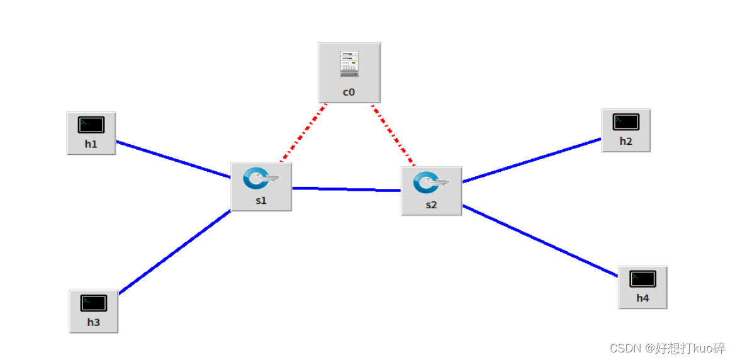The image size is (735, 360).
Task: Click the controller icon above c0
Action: (349, 64)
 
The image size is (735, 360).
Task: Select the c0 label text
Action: (349, 92)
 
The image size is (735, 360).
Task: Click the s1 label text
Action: (261, 201)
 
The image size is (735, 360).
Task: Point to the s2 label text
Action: (431, 205)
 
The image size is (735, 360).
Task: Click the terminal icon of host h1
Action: (91, 125)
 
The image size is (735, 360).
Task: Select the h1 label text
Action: (91, 144)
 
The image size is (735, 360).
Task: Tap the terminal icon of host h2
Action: (626, 121)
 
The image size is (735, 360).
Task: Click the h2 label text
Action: (626, 141)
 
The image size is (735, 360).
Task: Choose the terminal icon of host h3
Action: (93, 303)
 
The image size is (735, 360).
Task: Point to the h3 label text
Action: (93, 323)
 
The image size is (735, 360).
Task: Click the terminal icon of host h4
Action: (642, 279)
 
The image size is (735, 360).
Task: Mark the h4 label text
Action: (642, 298)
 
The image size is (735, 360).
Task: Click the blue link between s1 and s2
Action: (346, 189)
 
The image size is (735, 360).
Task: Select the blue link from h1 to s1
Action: (173, 159)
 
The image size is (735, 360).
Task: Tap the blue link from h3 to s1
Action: (175, 252)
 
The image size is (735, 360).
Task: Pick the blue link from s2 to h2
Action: (532, 160)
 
